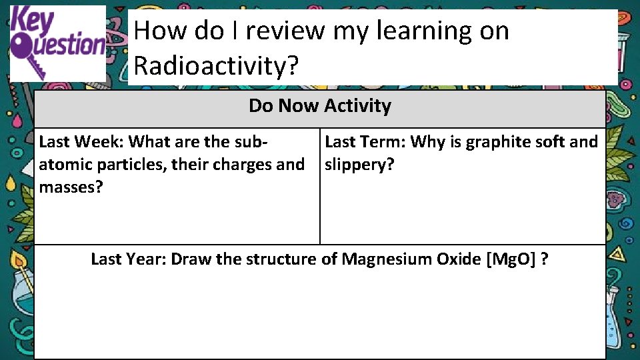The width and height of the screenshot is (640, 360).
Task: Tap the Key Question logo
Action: [58, 43]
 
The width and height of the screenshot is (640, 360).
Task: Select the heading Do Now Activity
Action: [320, 106]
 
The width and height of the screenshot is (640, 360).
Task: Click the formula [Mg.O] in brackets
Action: [513, 259]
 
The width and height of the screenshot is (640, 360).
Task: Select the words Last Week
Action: [81, 142]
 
